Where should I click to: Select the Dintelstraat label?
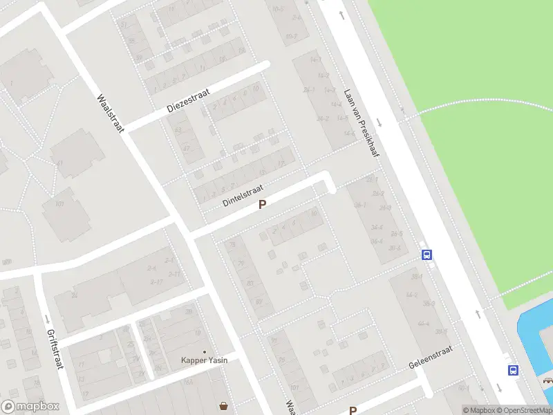coord(243,194)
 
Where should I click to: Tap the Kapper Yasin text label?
coord(204,360)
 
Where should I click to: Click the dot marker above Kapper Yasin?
coord(204,351)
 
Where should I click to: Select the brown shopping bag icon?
coord(223,406)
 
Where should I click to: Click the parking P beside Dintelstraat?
coord(262,205)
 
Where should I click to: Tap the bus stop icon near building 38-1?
coord(427,255)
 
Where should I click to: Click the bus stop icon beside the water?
coord(513,370)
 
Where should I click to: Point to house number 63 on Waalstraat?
coord(178,130)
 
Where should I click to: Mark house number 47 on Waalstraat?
coord(185,148)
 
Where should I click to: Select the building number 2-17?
coord(156,282)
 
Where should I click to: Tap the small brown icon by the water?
coord(547,380)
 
